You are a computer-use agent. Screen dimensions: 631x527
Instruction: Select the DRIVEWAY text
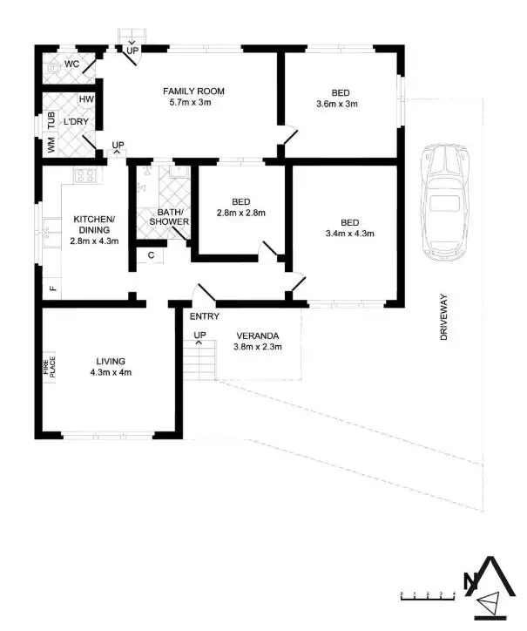point(443,322)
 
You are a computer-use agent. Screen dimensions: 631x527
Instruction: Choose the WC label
point(71,64)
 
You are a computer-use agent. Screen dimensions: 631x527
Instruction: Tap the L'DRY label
point(75,121)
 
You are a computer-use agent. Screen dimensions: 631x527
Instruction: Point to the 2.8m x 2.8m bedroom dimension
point(240,212)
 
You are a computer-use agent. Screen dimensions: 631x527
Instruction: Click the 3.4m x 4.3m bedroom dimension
point(348,233)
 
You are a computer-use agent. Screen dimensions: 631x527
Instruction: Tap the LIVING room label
point(111,361)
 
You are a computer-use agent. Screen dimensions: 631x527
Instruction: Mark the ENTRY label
point(204,316)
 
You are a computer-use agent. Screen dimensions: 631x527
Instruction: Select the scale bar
point(428,595)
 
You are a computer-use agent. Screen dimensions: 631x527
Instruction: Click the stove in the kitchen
point(85,175)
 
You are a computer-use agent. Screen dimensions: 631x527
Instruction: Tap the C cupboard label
point(151,254)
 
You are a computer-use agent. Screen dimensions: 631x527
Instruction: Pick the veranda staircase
point(199,360)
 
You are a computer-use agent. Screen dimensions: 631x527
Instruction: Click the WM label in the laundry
point(51,146)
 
